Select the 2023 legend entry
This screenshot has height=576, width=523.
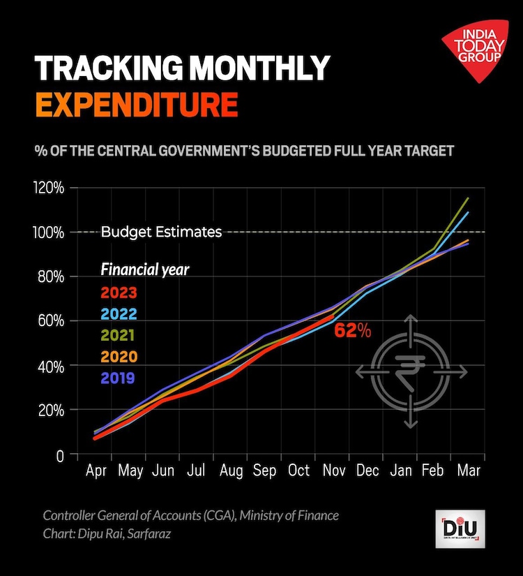pos(118,293)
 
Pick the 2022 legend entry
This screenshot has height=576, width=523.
pos(118,314)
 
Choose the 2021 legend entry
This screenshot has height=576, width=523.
pos(118,336)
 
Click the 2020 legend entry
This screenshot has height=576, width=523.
pos(118,357)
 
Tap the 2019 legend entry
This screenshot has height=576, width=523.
pos(118,378)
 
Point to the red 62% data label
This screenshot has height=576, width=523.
pos(352,331)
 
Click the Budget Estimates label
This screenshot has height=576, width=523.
pos(161,232)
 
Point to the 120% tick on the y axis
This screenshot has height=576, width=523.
pos(49,188)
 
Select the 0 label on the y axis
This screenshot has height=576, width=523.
pos(60,455)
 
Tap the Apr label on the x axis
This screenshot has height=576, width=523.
pos(96,471)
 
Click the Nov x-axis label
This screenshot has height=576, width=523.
pos(333,471)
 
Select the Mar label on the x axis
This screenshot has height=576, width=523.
pos(469,471)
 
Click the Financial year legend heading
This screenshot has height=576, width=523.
pos(144,269)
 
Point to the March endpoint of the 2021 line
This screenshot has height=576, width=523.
pos(468,198)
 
